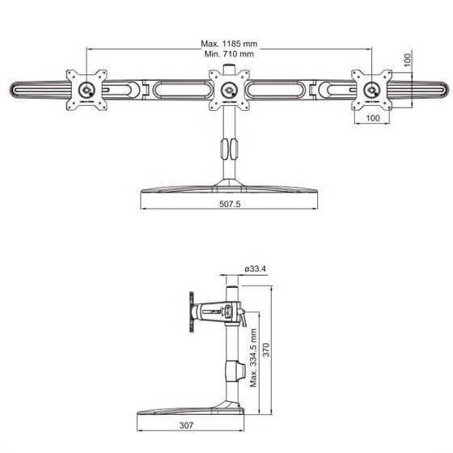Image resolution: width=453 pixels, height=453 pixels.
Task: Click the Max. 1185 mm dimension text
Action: pos(228,43)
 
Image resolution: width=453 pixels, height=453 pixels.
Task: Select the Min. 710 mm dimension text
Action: pos(228,53)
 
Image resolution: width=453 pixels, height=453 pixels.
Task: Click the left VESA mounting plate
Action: pos(85,87)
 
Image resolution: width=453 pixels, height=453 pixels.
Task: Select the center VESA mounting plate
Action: pos(229,87)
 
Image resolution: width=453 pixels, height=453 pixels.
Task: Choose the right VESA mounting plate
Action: pos(372,87)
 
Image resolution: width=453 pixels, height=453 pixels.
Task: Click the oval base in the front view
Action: pos(229,191)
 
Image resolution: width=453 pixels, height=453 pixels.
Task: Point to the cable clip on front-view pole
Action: pos(228,149)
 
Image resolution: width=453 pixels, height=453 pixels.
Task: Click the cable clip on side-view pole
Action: pos(239,373)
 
